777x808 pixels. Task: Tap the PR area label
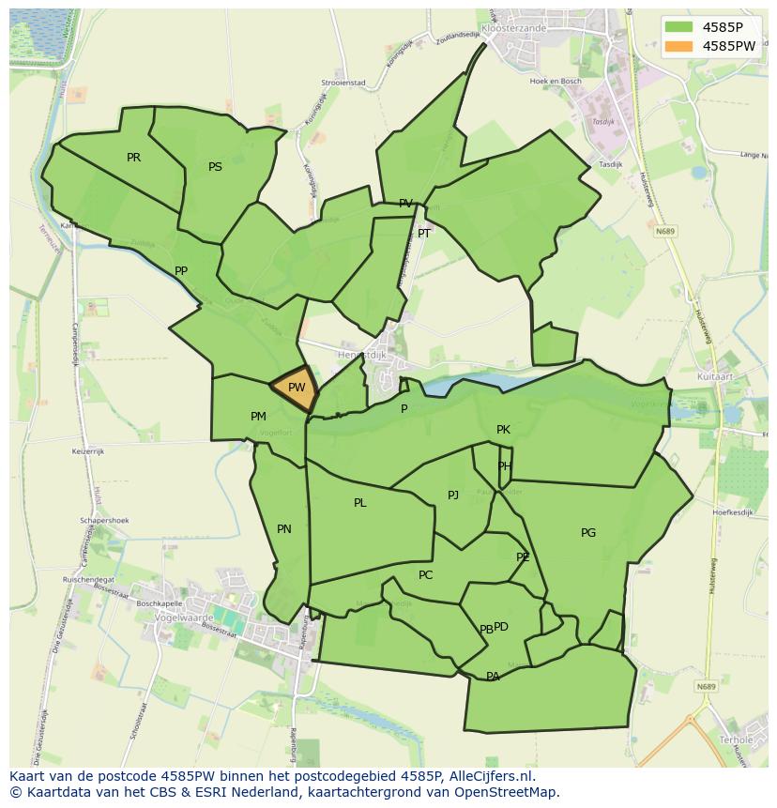click(133, 158)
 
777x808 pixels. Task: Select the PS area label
click(215, 167)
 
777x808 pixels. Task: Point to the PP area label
click(181, 271)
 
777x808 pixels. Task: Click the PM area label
click(258, 417)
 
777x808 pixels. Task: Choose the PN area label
click(284, 529)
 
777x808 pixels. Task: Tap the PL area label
click(359, 503)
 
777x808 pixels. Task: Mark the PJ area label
click(453, 495)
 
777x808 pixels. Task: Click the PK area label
click(503, 430)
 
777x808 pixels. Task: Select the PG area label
click(588, 533)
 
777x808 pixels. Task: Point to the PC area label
click(425, 575)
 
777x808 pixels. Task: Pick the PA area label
click(493, 677)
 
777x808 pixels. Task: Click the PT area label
click(424, 234)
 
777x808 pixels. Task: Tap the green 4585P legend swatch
click(679, 27)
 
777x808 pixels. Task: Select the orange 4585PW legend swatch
click(679, 46)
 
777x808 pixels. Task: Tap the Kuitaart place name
click(716, 375)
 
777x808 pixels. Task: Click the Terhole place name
click(736, 739)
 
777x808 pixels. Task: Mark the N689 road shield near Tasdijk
click(666, 231)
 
